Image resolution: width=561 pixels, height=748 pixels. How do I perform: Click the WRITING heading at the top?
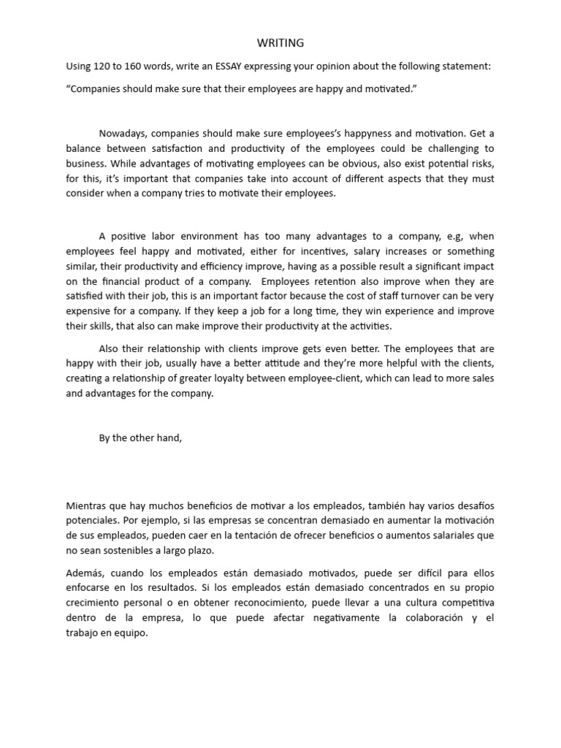[280, 43]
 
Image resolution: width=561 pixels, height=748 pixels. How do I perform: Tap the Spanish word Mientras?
[87, 505]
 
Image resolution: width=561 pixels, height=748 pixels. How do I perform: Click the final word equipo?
[130, 633]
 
